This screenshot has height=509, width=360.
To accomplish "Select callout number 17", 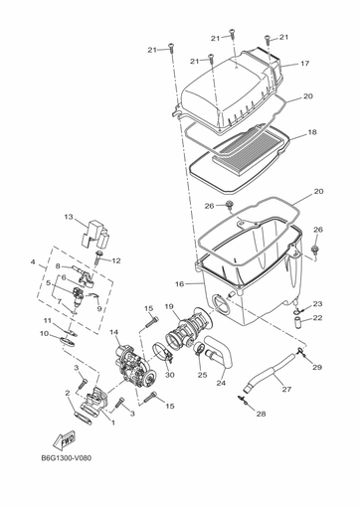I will point(304,64).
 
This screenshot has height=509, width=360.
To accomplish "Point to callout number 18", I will point(311,132).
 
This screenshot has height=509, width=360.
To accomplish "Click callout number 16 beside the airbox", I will point(180,283).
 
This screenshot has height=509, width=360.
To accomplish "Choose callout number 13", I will point(70,217).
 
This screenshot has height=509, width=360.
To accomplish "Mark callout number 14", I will point(114,332).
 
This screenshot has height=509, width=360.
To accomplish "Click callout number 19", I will point(169,306).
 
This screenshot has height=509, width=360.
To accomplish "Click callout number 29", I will point(317,368).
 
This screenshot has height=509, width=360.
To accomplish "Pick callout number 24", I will point(221,383).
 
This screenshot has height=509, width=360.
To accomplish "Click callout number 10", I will point(44,334).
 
